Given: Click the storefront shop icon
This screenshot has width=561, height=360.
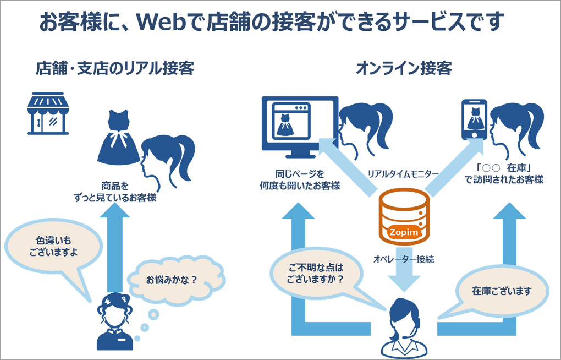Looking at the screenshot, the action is pyautogui.click(x=48, y=113).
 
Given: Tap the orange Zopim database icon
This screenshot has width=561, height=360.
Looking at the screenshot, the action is pyautogui.click(x=404, y=217).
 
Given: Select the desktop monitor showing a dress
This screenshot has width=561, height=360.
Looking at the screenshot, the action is pyautogui.click(x=300, y=127).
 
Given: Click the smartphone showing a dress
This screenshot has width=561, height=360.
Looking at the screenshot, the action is pyautogui.click(x=474, y=119).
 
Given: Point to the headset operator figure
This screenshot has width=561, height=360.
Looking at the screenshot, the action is pyautogui.click(x=404, y=328).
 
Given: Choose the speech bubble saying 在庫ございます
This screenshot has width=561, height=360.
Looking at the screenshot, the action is pyautogui.click(x=502, y=291).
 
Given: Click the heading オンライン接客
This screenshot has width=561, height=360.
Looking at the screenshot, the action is pyautogui.click(x=404, y=68).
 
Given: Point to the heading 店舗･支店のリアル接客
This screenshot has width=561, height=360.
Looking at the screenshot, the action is pyautogui.click(x=115, y=68).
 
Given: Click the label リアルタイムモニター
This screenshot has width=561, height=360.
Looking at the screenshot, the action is pyautogui.click(x=403, y=174).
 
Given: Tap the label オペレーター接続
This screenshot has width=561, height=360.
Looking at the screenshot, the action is pyautogui.click(x=404, y=259).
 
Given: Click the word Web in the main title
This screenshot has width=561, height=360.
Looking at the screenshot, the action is pyautogui.click(x=164, y=21).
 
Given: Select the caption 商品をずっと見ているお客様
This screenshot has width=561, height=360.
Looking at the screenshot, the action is pyautogui.click(x=115, y=192).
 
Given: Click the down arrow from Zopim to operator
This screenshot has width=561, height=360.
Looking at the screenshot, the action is pyautogui.click(x=404, y=269).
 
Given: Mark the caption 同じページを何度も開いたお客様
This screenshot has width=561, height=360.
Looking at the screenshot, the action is pyautogui.click(x=300, y=180).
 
